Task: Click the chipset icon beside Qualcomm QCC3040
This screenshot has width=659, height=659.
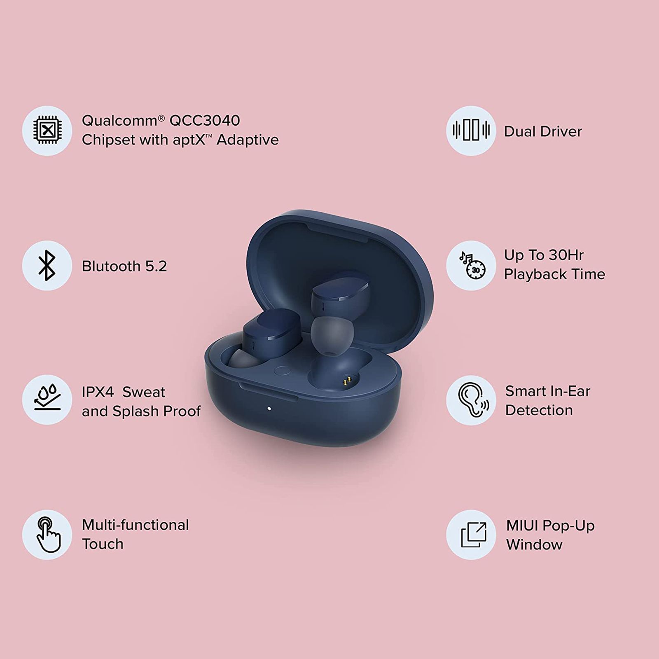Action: (x=47, y=131)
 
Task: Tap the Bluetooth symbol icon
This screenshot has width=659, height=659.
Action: (x=47, y=266)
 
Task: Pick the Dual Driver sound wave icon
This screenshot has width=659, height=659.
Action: (x=471, y=131)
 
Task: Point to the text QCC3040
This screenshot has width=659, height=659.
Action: (x=205, y=121)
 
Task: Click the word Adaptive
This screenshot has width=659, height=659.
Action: (x=248, y=140)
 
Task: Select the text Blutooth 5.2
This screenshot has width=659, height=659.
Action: (x=124, y=266)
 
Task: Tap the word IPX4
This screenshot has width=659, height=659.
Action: (x=98, y=392)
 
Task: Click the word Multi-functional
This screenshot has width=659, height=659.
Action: (x=136, y=525)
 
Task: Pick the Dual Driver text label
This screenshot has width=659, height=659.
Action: (x=543, y=132)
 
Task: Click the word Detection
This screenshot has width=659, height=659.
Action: (x=539, y=410)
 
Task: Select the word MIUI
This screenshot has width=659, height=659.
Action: (x=522, y=526)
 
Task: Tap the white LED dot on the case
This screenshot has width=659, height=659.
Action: (x=269, y=409)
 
